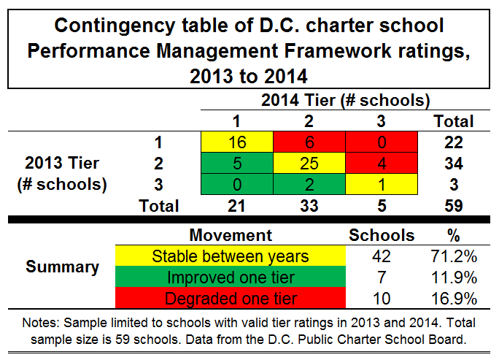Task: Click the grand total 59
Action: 452,205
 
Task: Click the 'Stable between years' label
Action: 231,256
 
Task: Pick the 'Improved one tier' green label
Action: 231,277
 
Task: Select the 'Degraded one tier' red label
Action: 231,299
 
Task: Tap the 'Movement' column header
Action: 231,235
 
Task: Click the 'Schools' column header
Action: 382,235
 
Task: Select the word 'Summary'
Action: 62,267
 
